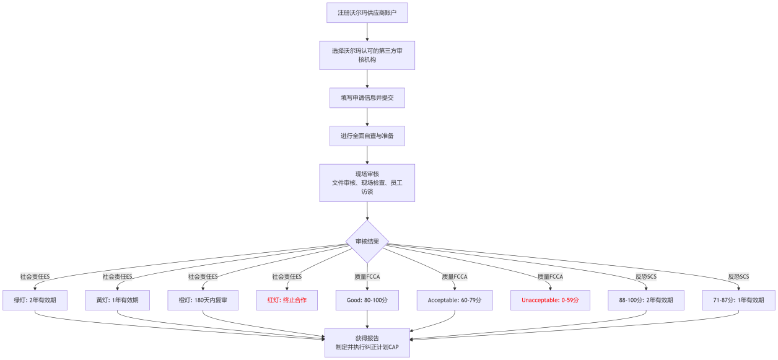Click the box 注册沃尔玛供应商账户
367,12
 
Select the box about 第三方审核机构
367,55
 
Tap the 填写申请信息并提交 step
367,98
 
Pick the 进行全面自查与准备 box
367,136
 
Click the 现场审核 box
367,183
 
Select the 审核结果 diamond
367,242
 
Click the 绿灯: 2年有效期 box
35,300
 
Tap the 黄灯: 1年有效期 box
117,300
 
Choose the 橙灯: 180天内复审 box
203,300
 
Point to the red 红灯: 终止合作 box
287,300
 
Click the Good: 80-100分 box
367,300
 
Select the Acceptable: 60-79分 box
455,300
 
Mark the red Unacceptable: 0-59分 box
550,300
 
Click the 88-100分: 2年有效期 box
646,300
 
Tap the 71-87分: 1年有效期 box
738,300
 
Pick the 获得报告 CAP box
367,343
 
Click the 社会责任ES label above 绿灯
35,276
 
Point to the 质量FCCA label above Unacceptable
550,276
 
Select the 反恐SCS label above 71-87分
738,276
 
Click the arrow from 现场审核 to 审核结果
367,211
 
